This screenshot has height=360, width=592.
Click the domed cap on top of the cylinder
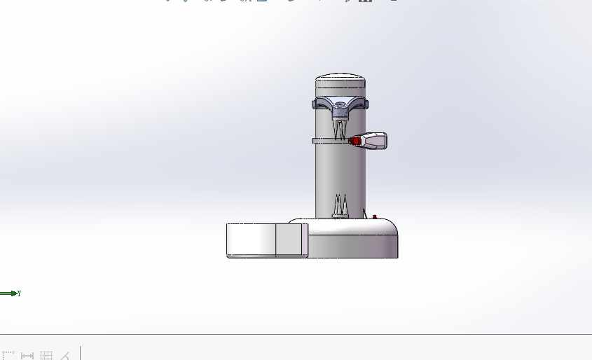(340, 77)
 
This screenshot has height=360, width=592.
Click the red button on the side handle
(356, 141)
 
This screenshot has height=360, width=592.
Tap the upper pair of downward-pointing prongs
(340, 129)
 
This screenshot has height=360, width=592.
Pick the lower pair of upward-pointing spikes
(340, 205)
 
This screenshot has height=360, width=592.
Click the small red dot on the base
(375, 216)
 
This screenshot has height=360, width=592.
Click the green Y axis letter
(19, 293)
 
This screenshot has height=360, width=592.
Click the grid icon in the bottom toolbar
(46, 355)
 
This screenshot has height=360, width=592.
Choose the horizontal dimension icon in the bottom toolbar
(27, 355)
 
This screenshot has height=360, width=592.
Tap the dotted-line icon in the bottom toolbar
(8, 354)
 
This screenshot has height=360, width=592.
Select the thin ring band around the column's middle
(329, 141)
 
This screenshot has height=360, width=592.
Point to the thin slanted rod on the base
(366, 212)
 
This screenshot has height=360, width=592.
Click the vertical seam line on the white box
(275, 240)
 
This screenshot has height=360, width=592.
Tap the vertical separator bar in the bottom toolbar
(80, 353)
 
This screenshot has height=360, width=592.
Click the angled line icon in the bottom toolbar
(65, 355)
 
